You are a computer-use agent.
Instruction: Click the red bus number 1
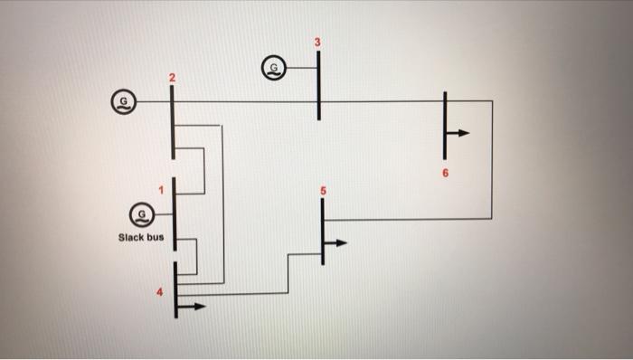point(161,189)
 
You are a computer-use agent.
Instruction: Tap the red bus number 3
point(317,43)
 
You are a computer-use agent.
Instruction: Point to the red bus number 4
point(162,291)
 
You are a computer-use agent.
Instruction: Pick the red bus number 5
point(322,191)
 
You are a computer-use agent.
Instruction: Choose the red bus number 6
point(445,171)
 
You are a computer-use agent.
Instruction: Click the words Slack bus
point(140,239)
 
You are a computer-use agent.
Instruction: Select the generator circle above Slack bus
point(139,215)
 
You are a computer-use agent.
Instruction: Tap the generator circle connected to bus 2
point(122,100)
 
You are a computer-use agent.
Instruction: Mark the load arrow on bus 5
point(336,242)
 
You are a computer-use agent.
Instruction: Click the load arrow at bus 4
point(192,306)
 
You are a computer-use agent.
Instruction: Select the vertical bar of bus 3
point(318,86)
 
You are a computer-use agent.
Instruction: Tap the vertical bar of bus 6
point(445,122)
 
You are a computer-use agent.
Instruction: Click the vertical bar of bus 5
point(322,231)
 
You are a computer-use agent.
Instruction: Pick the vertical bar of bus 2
point(172,122)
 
